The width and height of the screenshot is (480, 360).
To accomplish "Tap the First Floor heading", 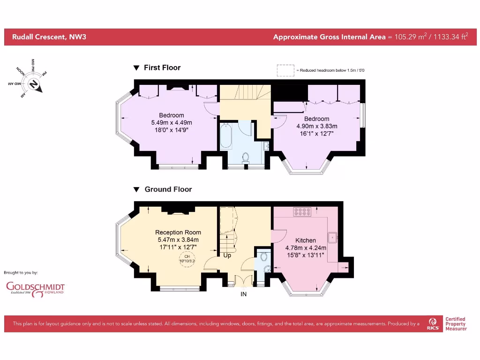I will point(162,67).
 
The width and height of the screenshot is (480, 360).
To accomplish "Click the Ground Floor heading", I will point(168,189).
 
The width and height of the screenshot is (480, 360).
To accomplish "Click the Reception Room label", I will point(178,232).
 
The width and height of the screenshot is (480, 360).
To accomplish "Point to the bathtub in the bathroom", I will point(226,135).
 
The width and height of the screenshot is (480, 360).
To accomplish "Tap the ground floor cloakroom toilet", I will point(264,256).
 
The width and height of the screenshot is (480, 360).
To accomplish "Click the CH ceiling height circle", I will point(187,259).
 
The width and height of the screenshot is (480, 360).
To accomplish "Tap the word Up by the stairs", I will point(227,256).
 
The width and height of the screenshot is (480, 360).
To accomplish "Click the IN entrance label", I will point(243,294).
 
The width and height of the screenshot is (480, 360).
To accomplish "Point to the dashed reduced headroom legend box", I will point(285,70).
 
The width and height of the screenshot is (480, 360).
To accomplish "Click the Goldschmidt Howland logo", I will point(35,288).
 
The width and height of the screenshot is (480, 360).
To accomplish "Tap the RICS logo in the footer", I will point(433,323).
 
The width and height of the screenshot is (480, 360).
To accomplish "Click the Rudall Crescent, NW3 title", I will point(46,37).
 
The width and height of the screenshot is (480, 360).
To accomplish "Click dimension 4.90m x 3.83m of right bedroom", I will point(316,126).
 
